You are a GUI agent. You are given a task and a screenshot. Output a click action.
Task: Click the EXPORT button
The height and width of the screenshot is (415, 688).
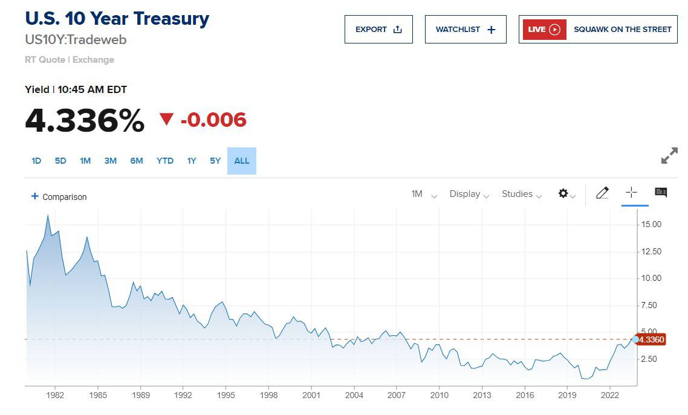pos(378,30)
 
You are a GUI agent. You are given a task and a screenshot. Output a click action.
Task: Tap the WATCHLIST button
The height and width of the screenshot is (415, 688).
pos(466,30)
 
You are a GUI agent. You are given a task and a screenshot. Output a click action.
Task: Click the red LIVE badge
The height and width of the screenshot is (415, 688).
pos(544,30)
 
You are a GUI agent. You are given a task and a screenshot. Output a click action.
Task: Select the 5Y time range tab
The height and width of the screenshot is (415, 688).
pos(215,161)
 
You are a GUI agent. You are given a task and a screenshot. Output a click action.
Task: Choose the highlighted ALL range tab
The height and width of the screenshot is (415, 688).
pos(242,161)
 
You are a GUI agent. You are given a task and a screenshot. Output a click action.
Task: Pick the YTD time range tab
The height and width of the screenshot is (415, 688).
pos(165,161)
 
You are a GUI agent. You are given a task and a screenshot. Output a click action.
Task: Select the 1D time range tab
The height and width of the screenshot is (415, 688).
pos(36,161)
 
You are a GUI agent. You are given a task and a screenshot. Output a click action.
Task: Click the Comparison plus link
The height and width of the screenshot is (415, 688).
pos(59,197)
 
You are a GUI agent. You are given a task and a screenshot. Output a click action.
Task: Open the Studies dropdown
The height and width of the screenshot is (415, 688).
pos(522,194)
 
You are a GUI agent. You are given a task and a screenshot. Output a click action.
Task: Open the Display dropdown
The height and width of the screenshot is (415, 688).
pos(469,194)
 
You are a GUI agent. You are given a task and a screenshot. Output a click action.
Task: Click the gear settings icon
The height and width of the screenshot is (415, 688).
pos(563,193)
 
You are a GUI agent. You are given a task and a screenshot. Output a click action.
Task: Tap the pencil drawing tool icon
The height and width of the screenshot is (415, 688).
pos(602,193)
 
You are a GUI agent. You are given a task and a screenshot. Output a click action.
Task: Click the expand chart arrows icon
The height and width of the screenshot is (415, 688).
pos(670,156)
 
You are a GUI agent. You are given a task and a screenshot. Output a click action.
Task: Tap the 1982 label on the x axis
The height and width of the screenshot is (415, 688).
pos(55,395)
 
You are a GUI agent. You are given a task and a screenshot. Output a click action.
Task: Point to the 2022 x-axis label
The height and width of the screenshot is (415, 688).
pos(609,395)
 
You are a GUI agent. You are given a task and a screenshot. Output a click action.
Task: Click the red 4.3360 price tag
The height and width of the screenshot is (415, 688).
pos(651,339)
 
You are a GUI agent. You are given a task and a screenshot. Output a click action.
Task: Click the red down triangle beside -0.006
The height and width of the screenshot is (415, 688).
pos(166,119)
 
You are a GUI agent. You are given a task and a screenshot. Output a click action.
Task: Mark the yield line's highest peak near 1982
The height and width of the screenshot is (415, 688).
pos(48,215)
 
